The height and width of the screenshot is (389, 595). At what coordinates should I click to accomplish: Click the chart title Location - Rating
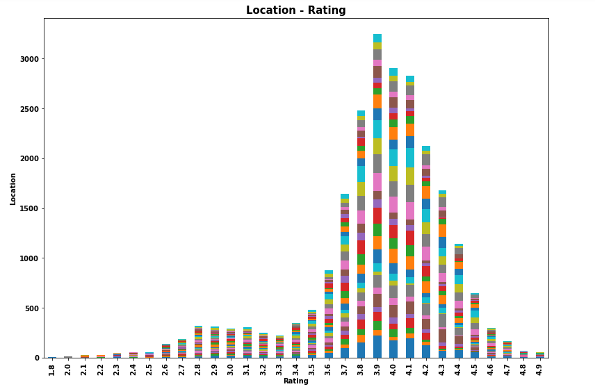295,10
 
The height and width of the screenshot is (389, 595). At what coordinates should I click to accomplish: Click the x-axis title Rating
295,381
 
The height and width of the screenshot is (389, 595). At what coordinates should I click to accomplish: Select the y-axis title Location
13,188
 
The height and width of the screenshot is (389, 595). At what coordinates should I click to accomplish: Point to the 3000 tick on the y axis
31,59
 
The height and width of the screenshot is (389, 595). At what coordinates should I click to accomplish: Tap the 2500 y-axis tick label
31,109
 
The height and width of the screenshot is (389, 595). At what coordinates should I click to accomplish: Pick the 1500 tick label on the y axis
31,208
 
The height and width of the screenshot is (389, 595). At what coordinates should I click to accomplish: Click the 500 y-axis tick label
33,308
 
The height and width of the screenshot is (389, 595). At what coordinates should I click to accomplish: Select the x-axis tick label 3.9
377,367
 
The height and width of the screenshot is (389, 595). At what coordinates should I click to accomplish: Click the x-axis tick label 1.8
52,367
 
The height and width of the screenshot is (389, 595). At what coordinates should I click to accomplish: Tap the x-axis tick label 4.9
540,367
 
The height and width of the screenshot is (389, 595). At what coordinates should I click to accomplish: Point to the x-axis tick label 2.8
199,367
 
